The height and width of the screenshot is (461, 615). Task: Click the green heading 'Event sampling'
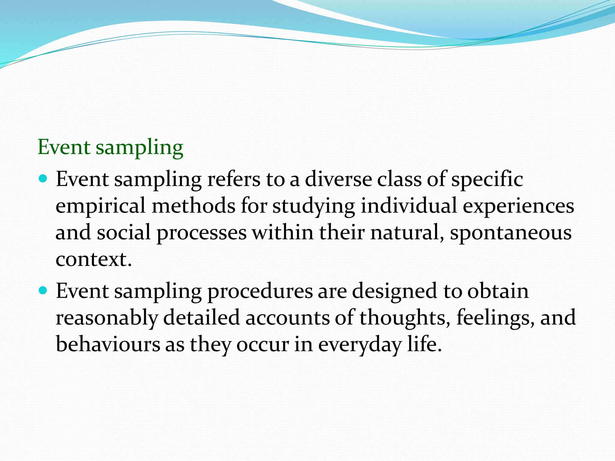(110, 148)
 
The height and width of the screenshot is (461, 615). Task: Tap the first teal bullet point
(44, 179)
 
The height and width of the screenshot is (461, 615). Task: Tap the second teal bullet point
(44, 291)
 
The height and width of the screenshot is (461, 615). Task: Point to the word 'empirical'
(101, 206)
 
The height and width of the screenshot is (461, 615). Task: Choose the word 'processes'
(201, 234)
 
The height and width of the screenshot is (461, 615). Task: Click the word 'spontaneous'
(511, 234)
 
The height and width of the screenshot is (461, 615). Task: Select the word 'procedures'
(260, 292)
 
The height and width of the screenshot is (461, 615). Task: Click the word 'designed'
(395, 292)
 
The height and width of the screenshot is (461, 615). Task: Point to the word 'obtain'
(498, 291)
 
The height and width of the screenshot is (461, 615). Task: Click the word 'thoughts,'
(405, 318)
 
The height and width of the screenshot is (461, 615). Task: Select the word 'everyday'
(360, 345)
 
